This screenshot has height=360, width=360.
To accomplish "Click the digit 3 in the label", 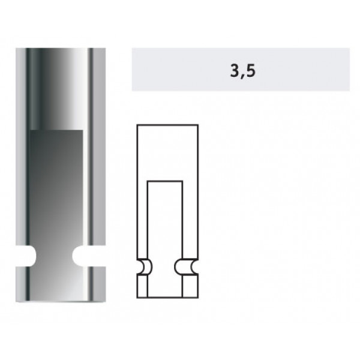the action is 235,70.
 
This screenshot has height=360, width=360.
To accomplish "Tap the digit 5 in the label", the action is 250,70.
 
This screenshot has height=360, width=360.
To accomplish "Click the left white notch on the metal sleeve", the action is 26,256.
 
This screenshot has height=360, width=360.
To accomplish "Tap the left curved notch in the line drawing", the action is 145,267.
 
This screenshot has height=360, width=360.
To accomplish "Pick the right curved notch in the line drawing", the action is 186,267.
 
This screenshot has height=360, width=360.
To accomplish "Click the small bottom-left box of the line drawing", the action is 142,286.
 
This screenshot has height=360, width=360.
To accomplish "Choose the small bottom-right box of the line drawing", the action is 190,286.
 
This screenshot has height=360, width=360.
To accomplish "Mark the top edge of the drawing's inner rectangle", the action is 165,181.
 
